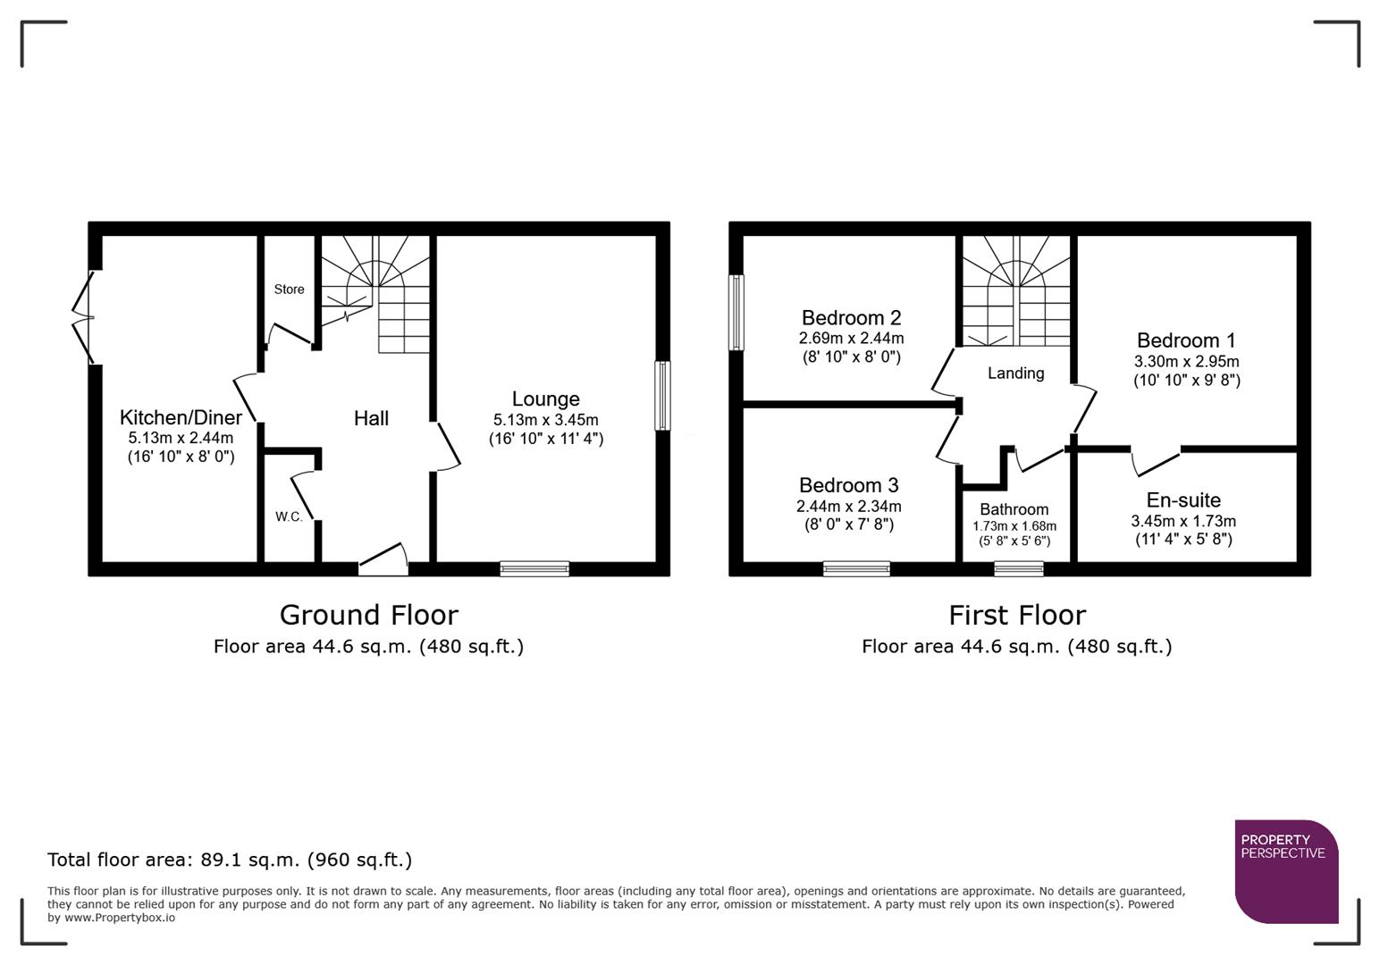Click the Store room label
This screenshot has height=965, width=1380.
click(x=289, y=289)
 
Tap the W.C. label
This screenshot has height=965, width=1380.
click(x=289, y=517)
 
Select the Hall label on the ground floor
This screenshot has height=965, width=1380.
click(x=371, y=418)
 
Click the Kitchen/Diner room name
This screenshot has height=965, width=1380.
click(x=181, y=417)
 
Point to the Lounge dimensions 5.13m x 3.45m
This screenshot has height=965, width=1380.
click(x=545, y=420)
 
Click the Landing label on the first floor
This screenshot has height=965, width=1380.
click(x=1015, y=373)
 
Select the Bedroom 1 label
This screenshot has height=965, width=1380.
click(x=1186, y=340)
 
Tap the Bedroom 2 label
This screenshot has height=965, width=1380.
click(x=851, y=318)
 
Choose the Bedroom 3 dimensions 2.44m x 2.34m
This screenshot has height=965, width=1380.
click(x=848, y=507)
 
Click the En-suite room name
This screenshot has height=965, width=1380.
click(x=1183, y=500)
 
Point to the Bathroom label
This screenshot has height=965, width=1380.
click(x=1014, y=510)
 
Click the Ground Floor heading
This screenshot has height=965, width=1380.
click(x=368, y=615)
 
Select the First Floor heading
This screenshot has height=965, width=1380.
click(x=1016, y=615)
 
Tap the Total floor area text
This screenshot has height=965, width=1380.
click(x=230, y=860)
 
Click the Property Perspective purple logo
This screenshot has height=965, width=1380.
click(x=1285, y=871)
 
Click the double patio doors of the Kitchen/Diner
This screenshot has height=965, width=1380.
click(x=85, y=316)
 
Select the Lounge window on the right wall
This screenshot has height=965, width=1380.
click(x=662, y=396)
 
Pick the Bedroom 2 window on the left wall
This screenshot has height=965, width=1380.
click(x=736, y=312)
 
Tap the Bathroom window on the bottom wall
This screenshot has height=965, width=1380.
click(x=1018, y=568)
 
